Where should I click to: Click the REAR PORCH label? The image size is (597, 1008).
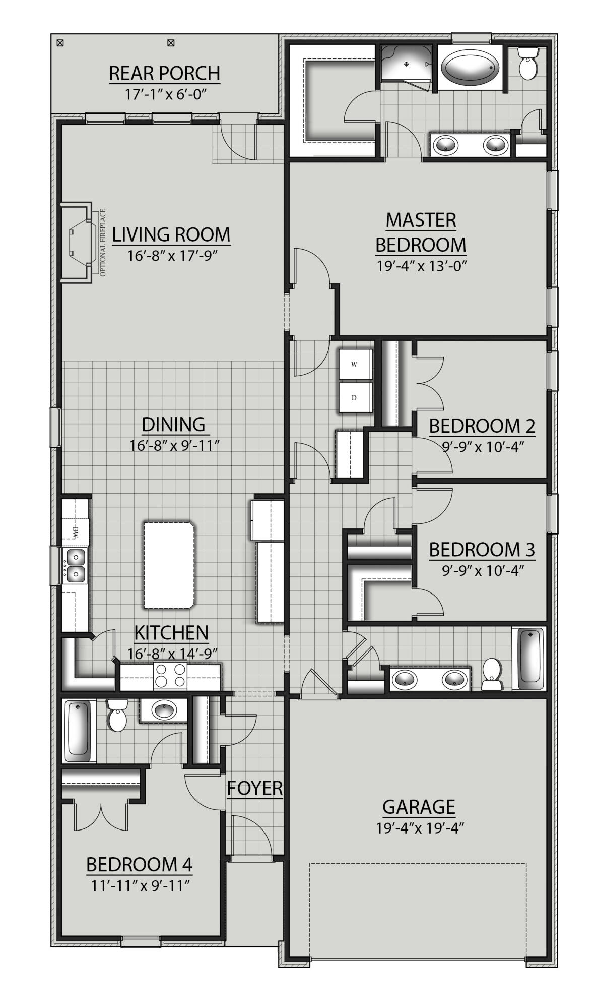(164, 73)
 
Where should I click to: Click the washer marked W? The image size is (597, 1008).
(354, 364)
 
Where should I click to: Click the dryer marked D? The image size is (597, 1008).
(354, 398)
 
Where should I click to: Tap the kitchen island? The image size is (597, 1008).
(169, 565)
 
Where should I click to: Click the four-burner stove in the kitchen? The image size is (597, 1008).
(170, 676)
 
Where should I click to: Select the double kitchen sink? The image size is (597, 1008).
(75, 565)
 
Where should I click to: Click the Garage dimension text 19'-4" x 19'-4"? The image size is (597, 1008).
(419, 828)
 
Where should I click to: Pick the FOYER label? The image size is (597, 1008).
(254, 788)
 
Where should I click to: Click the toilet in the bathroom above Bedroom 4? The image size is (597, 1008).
(117, 716)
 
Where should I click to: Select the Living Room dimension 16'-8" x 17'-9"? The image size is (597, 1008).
(171, 256)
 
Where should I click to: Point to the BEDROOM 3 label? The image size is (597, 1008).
(482, 549)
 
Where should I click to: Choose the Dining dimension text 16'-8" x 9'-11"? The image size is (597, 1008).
(173, 445)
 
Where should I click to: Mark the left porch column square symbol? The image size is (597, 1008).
(60, 43)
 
